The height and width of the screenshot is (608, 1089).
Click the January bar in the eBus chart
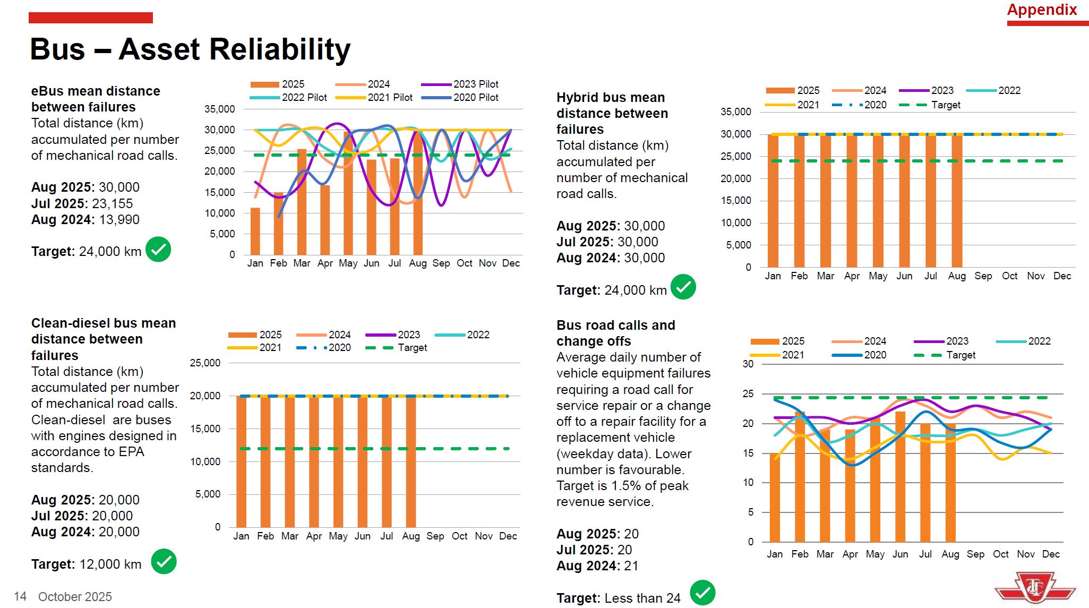pos(255,232)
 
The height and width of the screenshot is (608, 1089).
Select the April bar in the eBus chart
pos(325,220)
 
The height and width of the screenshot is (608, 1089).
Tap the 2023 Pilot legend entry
pos(476,84)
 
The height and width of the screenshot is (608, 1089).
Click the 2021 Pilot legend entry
pos(390,98)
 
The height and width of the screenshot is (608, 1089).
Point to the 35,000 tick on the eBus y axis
pos(219,109)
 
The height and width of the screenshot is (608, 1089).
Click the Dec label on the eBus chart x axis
pos(511,263)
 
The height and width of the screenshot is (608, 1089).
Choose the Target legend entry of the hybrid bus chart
pos(945,105)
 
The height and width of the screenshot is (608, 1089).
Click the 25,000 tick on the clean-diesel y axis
pos(205,363)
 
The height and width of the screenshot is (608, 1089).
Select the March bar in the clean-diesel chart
pos(290,461)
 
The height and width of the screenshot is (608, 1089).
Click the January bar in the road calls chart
pos(775,498)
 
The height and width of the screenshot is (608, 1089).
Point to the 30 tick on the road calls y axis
pos(748,364)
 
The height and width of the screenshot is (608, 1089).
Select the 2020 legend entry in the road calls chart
pos(874,355)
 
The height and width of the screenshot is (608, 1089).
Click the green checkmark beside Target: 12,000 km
pos(164,562)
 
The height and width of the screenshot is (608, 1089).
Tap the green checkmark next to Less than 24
pos(702,593)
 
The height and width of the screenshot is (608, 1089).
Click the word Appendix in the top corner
pos(1042,10)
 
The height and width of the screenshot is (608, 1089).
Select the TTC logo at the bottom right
pos(1035,588)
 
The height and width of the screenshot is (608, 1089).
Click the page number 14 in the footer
pos(20,597)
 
